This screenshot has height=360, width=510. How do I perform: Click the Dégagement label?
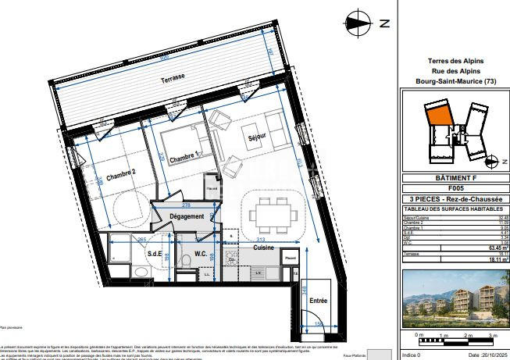coord(187,216)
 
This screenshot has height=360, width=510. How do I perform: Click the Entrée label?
coord(318,299)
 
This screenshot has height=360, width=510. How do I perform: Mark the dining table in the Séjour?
coord(273,212)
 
